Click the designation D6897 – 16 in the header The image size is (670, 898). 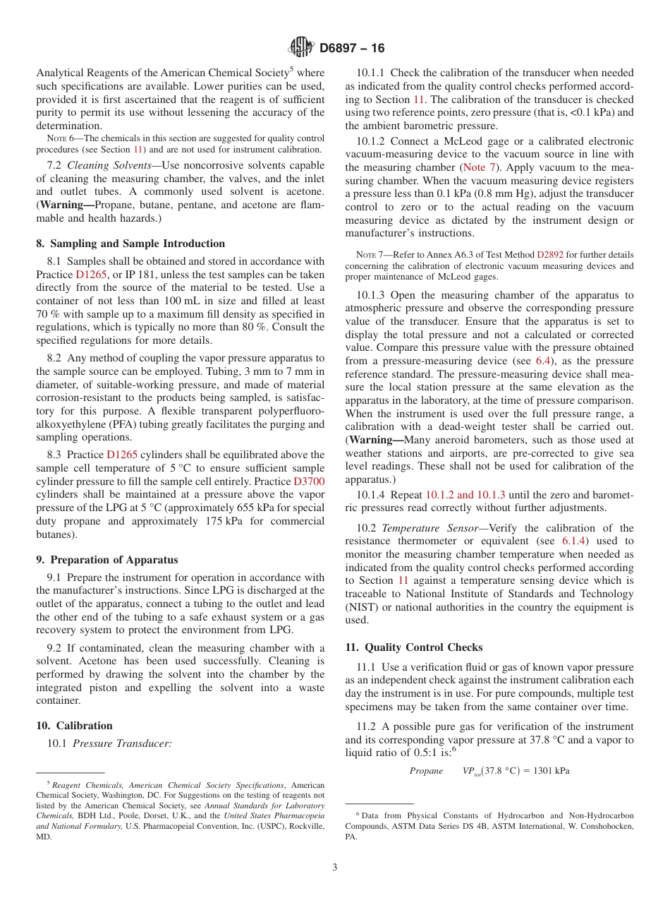click(x=352, y=48)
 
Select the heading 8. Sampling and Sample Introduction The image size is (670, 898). click(x=130, y=244)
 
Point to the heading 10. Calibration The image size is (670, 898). click(x=74, y=726)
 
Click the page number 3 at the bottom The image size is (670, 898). click(x=335, y=867)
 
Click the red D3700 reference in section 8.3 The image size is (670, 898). click(x=309, y=481)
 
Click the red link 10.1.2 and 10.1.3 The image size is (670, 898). click(x=465, y=495)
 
